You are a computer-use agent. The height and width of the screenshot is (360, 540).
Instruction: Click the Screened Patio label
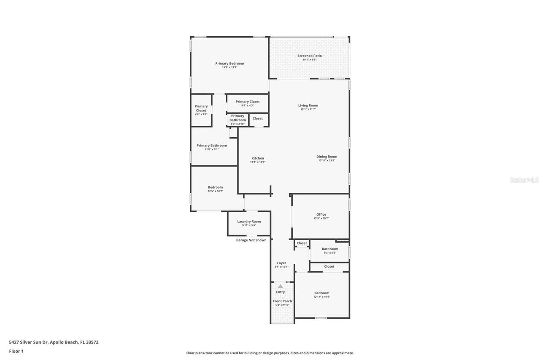point(309,56)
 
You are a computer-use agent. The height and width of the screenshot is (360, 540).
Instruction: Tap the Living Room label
point(308,106)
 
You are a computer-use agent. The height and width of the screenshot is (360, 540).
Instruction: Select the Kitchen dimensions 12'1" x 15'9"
point(257,162)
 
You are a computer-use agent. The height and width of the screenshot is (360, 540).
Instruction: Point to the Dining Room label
point(327,157)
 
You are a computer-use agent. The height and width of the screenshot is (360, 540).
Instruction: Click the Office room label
point(321,214)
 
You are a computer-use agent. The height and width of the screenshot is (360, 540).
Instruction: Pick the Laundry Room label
point(249,222)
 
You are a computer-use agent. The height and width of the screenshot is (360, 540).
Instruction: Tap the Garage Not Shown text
point(251,240)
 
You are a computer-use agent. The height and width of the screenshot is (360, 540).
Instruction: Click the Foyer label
point(281,263)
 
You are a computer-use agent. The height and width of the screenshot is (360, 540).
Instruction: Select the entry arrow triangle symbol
point(281,287)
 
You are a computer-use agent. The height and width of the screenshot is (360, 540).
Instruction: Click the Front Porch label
point(282,301)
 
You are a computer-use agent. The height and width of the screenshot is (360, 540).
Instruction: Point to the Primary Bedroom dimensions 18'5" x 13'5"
point(229,68)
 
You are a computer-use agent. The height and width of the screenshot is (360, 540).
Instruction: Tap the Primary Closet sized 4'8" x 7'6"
point(201,108)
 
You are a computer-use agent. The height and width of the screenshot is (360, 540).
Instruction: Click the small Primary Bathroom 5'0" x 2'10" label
point(238,118)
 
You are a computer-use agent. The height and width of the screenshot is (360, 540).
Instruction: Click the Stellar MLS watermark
point(524,180)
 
